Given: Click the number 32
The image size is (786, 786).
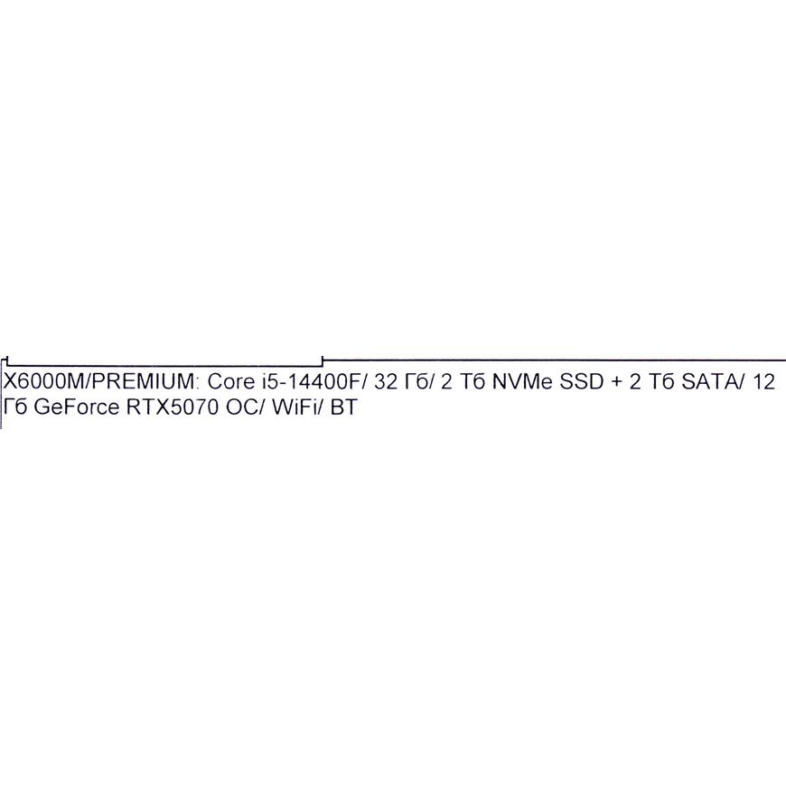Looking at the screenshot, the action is pyautogui.click(x=386, y=381).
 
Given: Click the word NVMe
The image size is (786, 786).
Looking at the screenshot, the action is pyautogui.click(x=522, y=381).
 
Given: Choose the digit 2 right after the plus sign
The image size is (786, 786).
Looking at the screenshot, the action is pyautogui.click(x=635, y=381).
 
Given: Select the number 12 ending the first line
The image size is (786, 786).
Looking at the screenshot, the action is pyautogui.click(x=763, y=381).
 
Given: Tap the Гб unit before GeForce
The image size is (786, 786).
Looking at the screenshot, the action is pyautogui.click(x=15, y=407).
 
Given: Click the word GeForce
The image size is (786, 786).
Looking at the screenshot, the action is pyautogui.click(x=77, y=407).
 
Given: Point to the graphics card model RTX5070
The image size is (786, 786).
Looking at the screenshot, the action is pyautogui.click(x=173, y=407).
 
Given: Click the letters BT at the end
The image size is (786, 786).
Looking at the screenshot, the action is pyautogui.click(x=344, y=407).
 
